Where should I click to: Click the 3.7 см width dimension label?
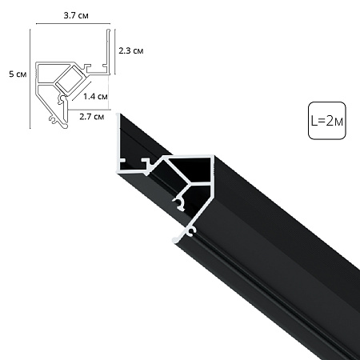[73, 14]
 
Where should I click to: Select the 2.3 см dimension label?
[130, 50]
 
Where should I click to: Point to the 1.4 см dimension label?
[96, 97]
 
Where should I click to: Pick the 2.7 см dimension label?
[94, 117]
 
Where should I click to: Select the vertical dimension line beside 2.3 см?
[110, 50]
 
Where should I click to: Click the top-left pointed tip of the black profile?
[121, 117]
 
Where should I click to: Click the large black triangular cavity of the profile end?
[192, 170]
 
